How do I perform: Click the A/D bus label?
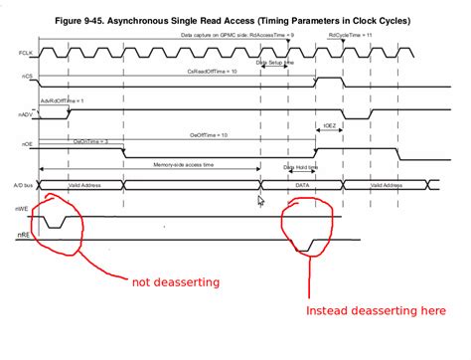pyautogui.click(x=22, y=185)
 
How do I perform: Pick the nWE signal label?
pyautogui.click(x=22, y=208)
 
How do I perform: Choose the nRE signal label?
pyautogui.click(x=23, y=235)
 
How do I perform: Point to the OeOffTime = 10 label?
pyautogui.click(x=210, y=134)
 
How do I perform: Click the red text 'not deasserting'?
pyautogui.click(x=178, y=281)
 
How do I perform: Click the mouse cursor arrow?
pyautogui.click(x=261, y=201)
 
